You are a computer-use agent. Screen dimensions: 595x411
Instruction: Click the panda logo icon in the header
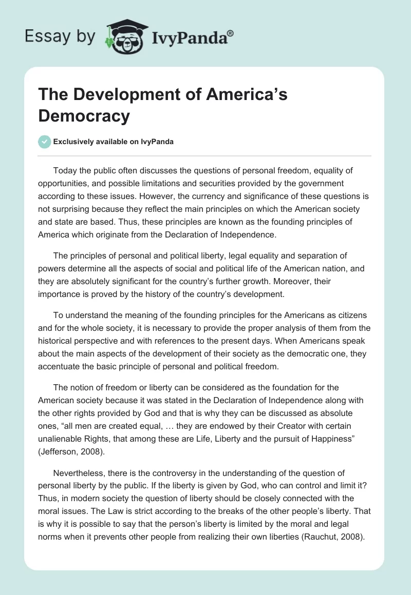point(125,36)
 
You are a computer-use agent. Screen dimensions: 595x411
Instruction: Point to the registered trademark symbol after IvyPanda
point(231,33)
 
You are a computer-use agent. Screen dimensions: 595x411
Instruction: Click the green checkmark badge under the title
point(45,142)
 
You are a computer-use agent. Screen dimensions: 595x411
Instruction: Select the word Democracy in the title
point(84,116)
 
